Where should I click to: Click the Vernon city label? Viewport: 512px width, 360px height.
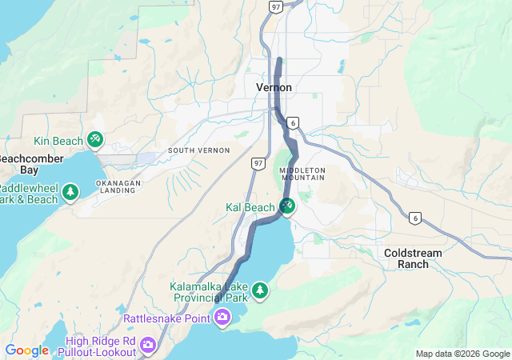point(274,86)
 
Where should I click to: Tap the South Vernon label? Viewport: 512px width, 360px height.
point(198,150)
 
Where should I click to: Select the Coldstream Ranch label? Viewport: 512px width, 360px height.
point(413,258)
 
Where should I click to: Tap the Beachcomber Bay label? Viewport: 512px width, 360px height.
point(29,165)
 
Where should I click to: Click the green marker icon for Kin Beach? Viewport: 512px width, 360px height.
point(95,140)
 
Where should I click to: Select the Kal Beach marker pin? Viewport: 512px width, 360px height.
point(287,206)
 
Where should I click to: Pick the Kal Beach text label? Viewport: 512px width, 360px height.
point(250,208)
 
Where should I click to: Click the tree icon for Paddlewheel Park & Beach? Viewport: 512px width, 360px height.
point(71,193)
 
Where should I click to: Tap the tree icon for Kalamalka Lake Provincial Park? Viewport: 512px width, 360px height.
point(260,290)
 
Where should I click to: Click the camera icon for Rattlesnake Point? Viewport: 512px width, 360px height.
point(222,318)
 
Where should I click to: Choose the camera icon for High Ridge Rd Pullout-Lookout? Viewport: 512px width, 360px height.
point(148,345)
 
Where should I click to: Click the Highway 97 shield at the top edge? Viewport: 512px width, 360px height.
point(275,6)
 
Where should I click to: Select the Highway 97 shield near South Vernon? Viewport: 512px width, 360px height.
point(258,163)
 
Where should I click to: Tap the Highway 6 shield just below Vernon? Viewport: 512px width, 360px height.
point(294,122)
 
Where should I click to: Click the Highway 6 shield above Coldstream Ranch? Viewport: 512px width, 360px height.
point(414,218)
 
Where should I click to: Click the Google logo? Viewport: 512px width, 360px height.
point(26,350)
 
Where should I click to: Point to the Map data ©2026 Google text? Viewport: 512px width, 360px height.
point(462,354)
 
